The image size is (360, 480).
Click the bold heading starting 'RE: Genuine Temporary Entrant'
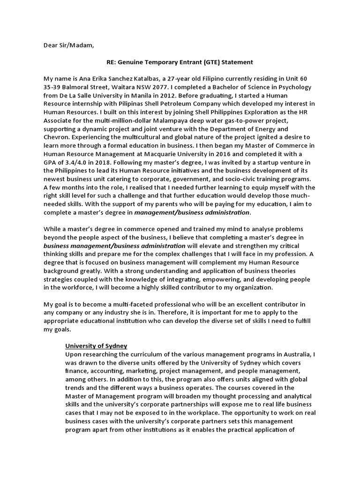(x=180, y=61)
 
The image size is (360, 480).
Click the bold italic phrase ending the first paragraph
(x=192, y=213)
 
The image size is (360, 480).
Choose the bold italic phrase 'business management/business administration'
(x=114, y=246)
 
